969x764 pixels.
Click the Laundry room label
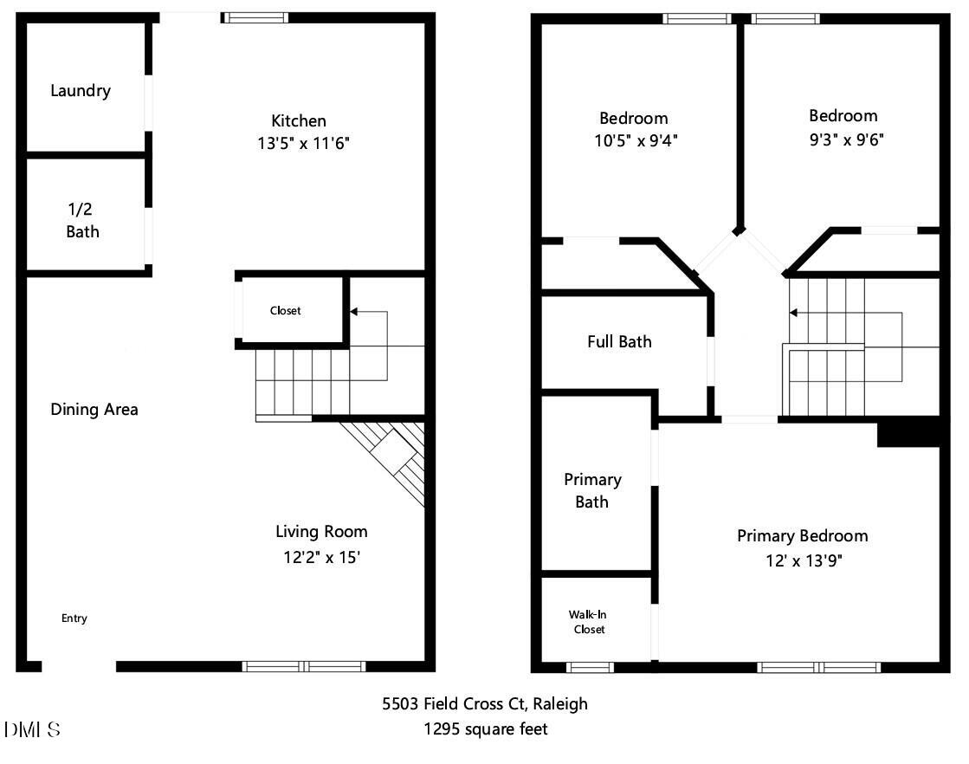click(x=81, y=90)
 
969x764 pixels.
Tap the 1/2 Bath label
click(x=82, y=220)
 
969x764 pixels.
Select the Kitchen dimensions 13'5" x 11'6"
click(x=299, y=143)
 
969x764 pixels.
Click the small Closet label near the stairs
click(x=285, y=310)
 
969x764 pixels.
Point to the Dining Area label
click(x=94, y=409)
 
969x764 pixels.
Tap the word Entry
click(x=74, y=618)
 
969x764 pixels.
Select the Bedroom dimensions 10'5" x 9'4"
click(x=633, y=140)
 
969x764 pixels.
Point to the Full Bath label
click(x=619, y=341)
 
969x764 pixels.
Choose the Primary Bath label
click(x=592, y=490)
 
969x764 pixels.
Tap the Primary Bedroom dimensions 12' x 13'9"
click(x=801, y=560)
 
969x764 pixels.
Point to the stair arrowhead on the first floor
click(x=354, y=311)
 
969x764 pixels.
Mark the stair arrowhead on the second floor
click(x=793, y=312)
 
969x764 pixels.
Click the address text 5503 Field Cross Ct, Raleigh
click(x=485, y=703)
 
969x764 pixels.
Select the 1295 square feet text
click(x=485, y=729)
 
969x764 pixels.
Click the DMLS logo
click(x=32, y=729)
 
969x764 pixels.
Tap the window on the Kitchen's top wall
click(x=256, y=16)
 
